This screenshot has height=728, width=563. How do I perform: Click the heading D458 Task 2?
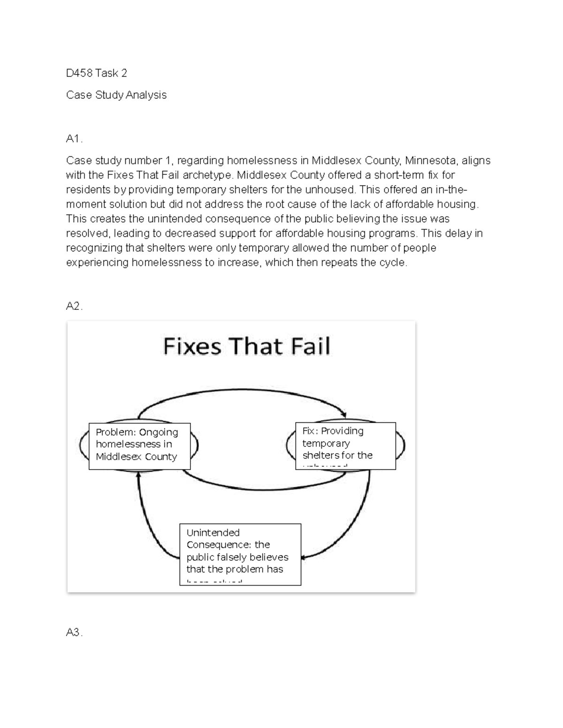click(x=97, y=73)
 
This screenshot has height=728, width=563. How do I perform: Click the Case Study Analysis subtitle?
click(x=116, y=95)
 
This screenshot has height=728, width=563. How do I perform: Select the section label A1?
click(x=74, y=139)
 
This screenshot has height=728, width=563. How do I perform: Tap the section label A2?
click(x=74, y=306)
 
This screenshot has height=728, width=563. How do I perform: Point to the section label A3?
click(x=74, y=633)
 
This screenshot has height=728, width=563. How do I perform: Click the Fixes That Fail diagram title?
click(x=246, y=346)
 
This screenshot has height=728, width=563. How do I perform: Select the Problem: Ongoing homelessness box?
click(x=139, y=446)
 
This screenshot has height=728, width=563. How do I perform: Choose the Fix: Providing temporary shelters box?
click(x=345, y=446)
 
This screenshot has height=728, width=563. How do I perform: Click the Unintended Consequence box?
click(x=240, y=554)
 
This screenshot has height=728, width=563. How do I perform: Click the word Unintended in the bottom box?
click(x=213, y=533)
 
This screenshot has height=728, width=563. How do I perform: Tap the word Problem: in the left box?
click(x=114, y=432)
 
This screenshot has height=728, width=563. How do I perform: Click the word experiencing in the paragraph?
click(x=97, y=263)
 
